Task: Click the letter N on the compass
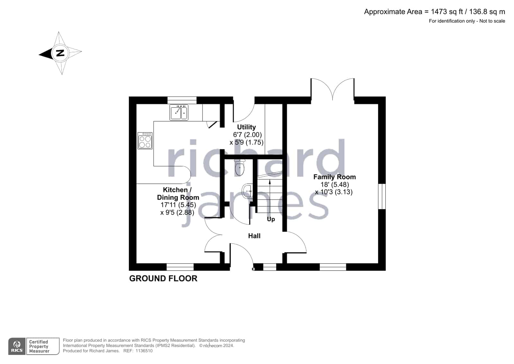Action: click(60, 53)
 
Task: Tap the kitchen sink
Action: click(179, 112)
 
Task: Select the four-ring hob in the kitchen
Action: click(145, 140)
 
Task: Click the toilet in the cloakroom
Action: click(239, 167)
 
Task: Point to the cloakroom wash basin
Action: click(247, 191)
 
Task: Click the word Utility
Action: click(246, 127)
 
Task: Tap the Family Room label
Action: click(335, 177)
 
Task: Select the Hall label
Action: click(254, 236)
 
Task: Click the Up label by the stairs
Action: click(271, 219)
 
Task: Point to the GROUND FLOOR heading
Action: click(163, 278)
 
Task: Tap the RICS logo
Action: click(17, 346)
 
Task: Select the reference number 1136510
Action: click(144, 351)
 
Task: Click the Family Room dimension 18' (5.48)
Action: click(335, 184)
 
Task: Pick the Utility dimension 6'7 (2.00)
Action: click(248, 135)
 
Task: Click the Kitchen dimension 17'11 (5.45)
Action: click(178, 205)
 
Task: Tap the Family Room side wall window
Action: click(382, 196)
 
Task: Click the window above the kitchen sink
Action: click(182, 100)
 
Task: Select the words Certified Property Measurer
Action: click(39, 346)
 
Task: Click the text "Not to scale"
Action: click(492, 21)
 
